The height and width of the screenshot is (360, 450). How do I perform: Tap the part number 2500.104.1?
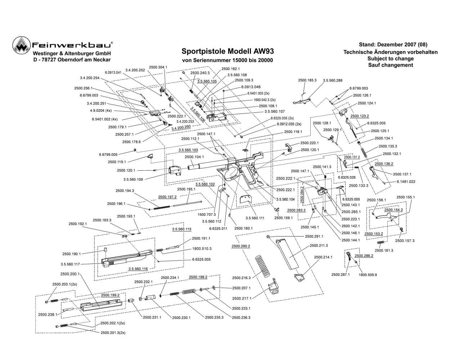[194, 157]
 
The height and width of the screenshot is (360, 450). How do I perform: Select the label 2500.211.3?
[319, 246]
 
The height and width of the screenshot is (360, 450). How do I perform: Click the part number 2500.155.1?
[406, 197]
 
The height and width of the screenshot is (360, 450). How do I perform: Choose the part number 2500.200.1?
[70, 274]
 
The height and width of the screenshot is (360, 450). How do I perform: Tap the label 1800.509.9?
[368, 275]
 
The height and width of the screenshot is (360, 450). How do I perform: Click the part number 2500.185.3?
[307, 81]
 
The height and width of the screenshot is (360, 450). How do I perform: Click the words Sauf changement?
[390, 65]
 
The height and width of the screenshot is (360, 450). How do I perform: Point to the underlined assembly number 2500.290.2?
[241, 246]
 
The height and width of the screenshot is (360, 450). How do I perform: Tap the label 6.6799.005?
[108, 154]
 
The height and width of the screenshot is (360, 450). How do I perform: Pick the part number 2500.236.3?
[241, 318]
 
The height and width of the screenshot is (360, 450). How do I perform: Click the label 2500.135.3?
[388, 146]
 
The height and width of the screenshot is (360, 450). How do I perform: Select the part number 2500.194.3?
[125, 191]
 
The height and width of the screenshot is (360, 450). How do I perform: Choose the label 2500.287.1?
[341, 275]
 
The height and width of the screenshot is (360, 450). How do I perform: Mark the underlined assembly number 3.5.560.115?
[181, 229]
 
